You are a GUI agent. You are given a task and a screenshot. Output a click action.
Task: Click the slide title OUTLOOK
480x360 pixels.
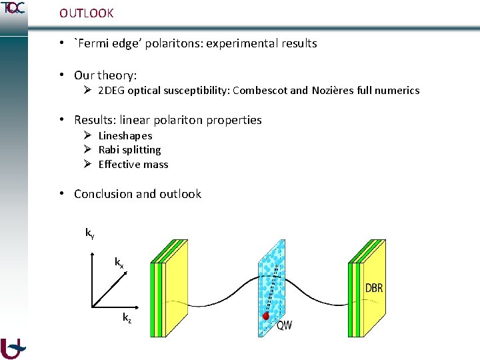point(86,13)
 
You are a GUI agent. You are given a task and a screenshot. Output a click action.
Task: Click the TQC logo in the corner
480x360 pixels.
point(13,8)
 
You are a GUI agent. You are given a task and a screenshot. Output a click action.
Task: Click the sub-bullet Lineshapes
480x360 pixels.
point(125,135)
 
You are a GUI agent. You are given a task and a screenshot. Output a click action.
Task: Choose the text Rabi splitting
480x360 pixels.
point(129,150)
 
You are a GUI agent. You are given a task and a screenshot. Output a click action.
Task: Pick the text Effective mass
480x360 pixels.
point(133,165)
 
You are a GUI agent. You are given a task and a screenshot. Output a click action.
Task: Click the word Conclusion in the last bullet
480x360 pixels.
point(103,194)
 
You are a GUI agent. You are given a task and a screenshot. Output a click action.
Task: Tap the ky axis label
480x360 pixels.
point(89,233)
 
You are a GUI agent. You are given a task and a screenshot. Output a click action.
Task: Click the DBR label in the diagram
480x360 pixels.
point(374,288)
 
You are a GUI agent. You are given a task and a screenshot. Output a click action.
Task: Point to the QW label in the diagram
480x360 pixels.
point(284,325)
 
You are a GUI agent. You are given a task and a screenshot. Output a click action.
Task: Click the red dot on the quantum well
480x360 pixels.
point(266,316)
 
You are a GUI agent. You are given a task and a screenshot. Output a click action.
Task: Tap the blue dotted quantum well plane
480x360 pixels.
point(273,280)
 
